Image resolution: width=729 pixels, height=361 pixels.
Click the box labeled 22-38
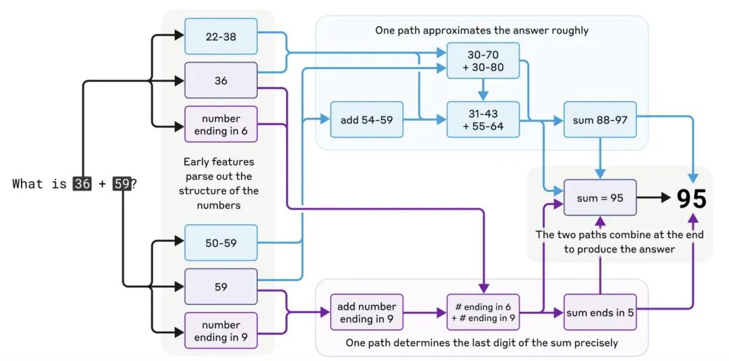(x=221, y=37)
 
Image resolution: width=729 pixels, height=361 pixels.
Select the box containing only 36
(x=221, y=80)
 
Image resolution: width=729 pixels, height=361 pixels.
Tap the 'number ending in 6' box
(x=221, y=124)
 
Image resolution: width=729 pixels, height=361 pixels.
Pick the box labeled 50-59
(x=221, y=243)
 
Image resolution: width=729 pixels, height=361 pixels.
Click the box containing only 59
(x=221, y=287)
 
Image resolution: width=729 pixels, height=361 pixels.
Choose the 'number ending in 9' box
(x=221, y=331)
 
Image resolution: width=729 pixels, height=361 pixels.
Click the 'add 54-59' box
(x=367, y=120)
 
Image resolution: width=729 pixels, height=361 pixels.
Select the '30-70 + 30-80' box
(x=483, y=61)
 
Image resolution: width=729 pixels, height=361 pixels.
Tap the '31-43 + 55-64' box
(x=483, y=120)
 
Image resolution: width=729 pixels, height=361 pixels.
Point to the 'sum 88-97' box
(x=600, y=120)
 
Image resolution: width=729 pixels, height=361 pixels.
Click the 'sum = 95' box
(x=600, y=197)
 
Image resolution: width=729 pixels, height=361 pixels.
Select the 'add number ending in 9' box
(x=367, y=312)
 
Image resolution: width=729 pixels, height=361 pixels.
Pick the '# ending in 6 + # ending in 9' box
(x=483, y=312)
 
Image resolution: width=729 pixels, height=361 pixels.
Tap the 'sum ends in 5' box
(x=600, y=312)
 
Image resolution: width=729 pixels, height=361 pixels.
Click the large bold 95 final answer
(x=691, y=199)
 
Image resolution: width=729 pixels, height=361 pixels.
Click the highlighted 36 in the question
(x=82, y=184)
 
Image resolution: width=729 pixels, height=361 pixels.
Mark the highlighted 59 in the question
(x=122, y=184)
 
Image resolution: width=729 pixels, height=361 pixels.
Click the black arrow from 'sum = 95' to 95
(x=654, y=197)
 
